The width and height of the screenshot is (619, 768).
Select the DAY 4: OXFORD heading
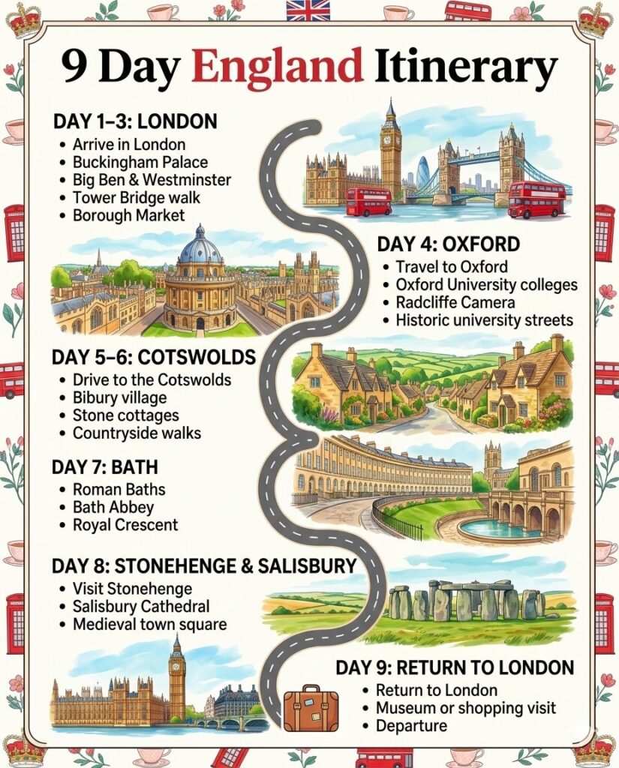(x=448, y=244)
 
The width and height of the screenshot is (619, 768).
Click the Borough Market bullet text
(x=128, y=215)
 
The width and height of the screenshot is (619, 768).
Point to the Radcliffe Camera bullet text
(x=455, y=302)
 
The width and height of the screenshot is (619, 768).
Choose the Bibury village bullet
(x=119, y=397)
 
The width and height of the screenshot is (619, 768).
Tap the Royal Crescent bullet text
(x=125, y=525)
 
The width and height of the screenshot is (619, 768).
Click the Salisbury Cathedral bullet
(x=141, y=607)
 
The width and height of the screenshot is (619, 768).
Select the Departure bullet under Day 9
(x=411, y=725)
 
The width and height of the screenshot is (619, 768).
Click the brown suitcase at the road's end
(x=311, y=707)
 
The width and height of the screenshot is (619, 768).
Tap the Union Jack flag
(x=308, y=10)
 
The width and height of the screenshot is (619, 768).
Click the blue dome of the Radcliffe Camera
(x=200, y=248)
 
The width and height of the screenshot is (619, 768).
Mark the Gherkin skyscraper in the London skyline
(x=423, y=173)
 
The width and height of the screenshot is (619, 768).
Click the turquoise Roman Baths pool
(x=498, y=528)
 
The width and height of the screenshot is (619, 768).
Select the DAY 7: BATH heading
(x=104, y=467)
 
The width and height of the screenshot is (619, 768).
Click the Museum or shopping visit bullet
(x=466, y=707)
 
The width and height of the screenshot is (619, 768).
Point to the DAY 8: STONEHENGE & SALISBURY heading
(x=203, y=566)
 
